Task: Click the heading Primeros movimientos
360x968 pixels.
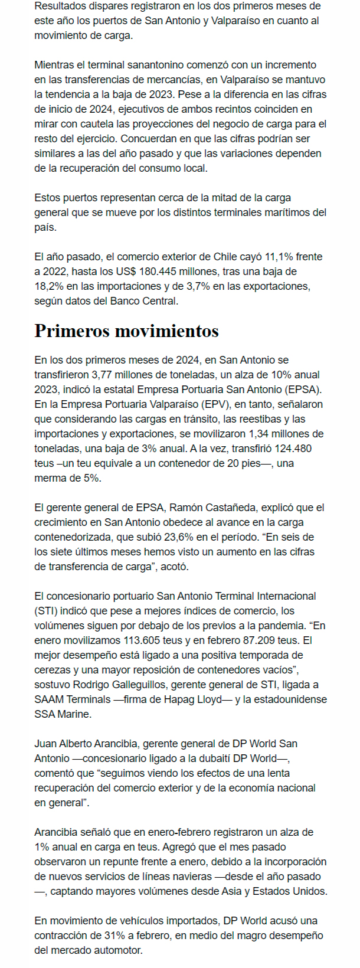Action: [126, 331]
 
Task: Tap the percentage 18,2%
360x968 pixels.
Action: [48, 286]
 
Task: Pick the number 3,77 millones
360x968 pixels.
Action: [121, 375]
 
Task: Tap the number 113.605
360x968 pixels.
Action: [146, 640]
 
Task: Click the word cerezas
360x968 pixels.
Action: [51, 670]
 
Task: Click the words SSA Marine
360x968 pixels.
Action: [63, 714]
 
